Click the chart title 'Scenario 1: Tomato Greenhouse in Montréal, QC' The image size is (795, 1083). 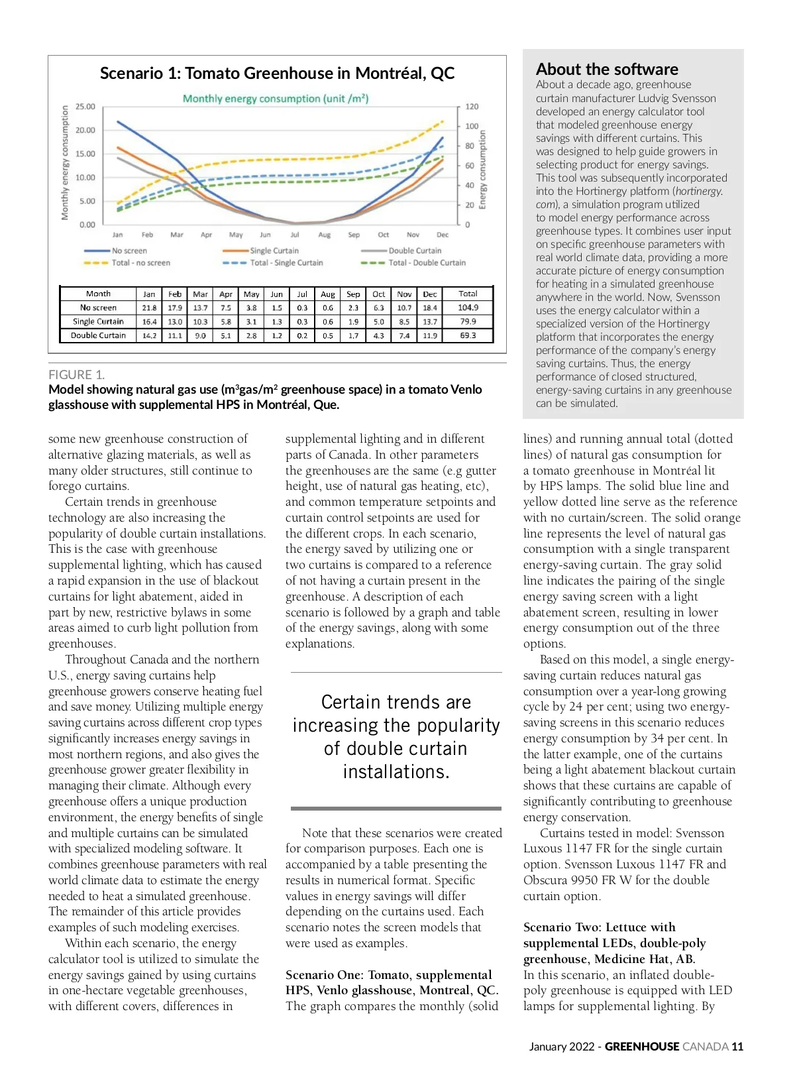pyautogui.click(x=277, y=73)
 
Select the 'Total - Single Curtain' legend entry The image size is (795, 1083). pyautogui.click(x=286, y=262)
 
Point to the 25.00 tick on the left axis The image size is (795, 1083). pyautogui.click(x=85, y=107)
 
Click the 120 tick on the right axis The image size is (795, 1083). pyautogui.click(x=471, y=107)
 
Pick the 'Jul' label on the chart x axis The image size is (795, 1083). pyautogui.click(x=295, y=235)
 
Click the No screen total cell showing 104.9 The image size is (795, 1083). pyautogui.click(x=468, y=308)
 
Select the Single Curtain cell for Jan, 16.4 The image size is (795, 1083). pyautogui.click(x=149, y=321)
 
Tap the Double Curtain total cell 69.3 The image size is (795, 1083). pyautogui.click(x=468, y=335)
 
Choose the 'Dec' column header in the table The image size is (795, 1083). pyautogui.click(x=430, y=294)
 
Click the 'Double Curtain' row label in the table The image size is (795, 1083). pyautogui.click(x=98, y=335)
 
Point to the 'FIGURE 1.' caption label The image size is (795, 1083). pyautogui.click(x=76, y=374)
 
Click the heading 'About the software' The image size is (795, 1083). pyautogui.click(x=607, y=69)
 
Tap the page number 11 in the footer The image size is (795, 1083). pyautogui.click(x=737, y=1047)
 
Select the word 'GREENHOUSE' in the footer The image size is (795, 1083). pyautogui.click(x=642, y=1047)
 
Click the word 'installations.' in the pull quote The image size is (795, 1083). pyautogui.click(x=396, y=771)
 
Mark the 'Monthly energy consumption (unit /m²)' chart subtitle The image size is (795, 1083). pyautogui.click(x=276, y=99)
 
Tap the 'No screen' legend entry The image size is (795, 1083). pyautogui.click(x=129, y=251)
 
